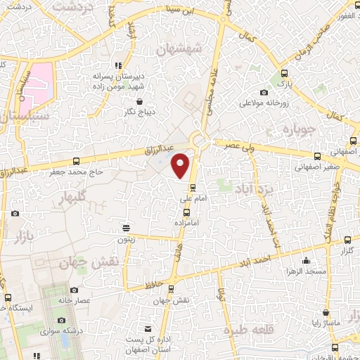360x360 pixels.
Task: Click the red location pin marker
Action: pos(181,165)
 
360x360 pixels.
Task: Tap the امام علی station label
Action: pos(192,200)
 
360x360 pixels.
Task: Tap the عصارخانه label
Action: pos(74,300)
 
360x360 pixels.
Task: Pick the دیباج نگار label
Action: pos(131,112)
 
